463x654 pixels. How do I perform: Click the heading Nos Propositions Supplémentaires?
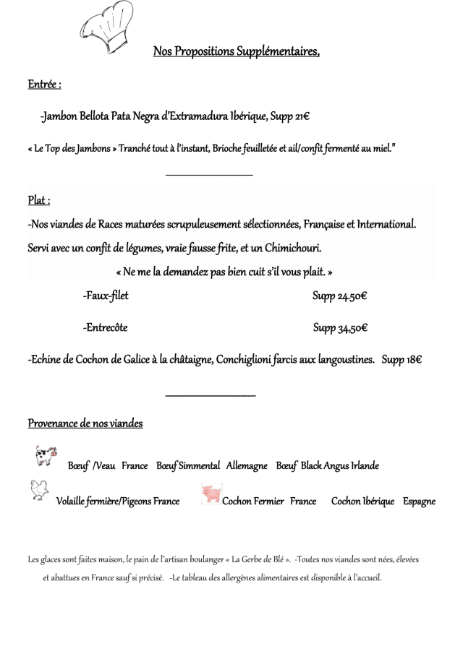[236, 51]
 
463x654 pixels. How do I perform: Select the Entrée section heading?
[44, 85]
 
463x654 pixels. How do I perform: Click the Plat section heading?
[39, 200]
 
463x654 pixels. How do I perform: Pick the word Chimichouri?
[293, 248]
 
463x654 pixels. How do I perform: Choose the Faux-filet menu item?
[106, 296]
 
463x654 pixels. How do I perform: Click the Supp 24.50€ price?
[340, 296]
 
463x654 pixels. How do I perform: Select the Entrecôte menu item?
[105, 327]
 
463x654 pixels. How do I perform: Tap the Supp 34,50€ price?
[340, 328]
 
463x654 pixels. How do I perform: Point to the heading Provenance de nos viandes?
[85, 423]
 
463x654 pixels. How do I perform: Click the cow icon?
[46, 457]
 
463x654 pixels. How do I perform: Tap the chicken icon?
[39, 491]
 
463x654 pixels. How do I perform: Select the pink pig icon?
[211, 494]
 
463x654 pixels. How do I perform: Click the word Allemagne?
[247, 466]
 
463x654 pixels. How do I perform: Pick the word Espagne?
[420, 501]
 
